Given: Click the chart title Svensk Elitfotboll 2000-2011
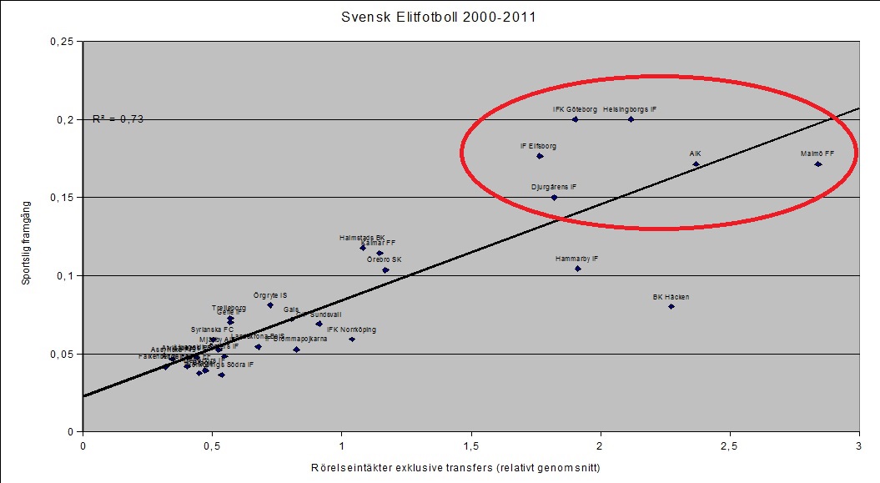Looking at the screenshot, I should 440,17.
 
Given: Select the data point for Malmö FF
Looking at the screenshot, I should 818,164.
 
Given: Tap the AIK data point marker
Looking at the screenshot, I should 696,164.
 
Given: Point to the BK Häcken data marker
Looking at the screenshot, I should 671,306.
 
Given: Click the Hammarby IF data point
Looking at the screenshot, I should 577,269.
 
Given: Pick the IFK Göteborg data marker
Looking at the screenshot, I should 576,119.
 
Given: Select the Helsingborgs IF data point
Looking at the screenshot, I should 631,119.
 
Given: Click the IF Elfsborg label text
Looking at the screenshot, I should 538,146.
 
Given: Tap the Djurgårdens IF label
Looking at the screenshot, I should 554,187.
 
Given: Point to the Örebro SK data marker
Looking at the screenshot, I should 385,270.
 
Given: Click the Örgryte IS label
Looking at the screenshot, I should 270,295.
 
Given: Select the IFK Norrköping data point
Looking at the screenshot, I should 352,340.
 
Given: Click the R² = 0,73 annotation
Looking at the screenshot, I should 118,119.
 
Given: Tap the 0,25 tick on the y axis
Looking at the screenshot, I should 61,42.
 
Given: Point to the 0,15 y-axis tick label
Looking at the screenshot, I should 61,198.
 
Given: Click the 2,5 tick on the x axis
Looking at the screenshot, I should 730,445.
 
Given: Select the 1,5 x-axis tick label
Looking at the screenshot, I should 471,445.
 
